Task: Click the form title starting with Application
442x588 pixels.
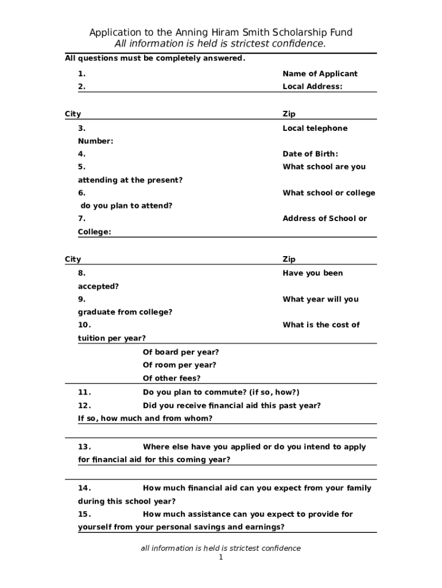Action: (220, 33)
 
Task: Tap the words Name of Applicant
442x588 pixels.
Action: (320, 73)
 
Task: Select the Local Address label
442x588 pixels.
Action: (312, 87)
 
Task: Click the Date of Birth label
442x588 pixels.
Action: (311, 154)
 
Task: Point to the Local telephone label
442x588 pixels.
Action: (315, 128)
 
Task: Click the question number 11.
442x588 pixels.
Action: (84, 393)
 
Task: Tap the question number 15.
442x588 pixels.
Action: (84, 514)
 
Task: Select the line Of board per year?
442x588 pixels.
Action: (181, 352)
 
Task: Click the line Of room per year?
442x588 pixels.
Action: (179, 365)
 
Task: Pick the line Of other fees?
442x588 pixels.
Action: (172, 378)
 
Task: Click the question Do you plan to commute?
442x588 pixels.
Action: (221, 393)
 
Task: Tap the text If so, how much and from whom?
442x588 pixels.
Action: (145, 419)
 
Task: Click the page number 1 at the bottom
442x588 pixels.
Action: (220, 558)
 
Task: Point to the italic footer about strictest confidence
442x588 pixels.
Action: (220, 548)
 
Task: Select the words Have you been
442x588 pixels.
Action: (312, 273)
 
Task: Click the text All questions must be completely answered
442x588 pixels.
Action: (155, 59)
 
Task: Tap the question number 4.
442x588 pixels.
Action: (82, 154)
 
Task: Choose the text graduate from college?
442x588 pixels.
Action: (125, 312)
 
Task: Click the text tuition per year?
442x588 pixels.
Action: (112, 338)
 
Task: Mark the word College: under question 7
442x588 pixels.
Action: (95, 232)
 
